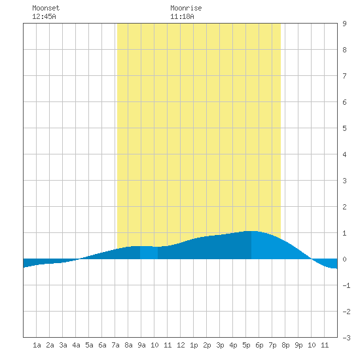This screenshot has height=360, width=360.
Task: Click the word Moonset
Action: (x=46, y=8)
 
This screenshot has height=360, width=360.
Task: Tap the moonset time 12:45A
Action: (x=44, y=16)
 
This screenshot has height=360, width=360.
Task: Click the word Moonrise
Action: (x=186, y=8)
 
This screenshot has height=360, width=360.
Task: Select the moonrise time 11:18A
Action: (x=182, y=16)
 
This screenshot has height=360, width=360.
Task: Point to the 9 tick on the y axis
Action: (x=344, y=24)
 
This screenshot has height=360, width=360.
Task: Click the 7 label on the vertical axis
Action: (x=344, y=76)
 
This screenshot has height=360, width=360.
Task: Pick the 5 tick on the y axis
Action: (x=344, y=128)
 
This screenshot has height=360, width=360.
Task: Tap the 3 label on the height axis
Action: (x=344, y=181)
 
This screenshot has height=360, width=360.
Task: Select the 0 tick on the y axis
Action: (x=344, y=259)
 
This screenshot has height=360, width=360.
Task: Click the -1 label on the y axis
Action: (x=346, y=285)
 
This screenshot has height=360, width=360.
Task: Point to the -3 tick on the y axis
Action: (x=346, y=338)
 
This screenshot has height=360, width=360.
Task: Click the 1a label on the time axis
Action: (x=37, y=345)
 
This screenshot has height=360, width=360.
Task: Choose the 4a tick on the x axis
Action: (x=76, y=345)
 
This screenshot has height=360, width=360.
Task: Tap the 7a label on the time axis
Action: (x=115, y=345)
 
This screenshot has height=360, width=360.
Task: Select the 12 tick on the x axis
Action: (x=181, y=345)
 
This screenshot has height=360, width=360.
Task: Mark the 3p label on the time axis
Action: (x=220, y=345)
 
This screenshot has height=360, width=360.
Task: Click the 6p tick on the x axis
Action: (x=259, y=345)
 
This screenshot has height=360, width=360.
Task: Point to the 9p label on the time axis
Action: (x=298, y=345)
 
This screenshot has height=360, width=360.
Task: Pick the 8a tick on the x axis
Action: (x=128, y=345)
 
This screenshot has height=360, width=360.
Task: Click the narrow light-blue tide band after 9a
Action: (x=149, y=253)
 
